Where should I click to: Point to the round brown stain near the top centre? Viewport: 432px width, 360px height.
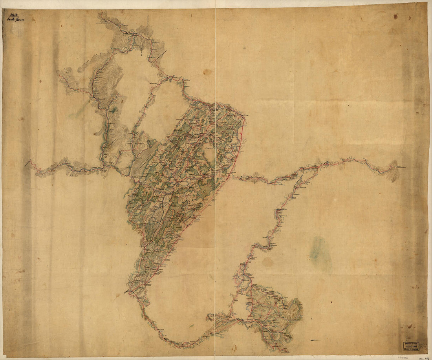(x=207, y=72)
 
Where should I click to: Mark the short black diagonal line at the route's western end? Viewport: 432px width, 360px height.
(x=28, y=162)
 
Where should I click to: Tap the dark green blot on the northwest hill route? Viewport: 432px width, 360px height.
(x=113, y=110)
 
